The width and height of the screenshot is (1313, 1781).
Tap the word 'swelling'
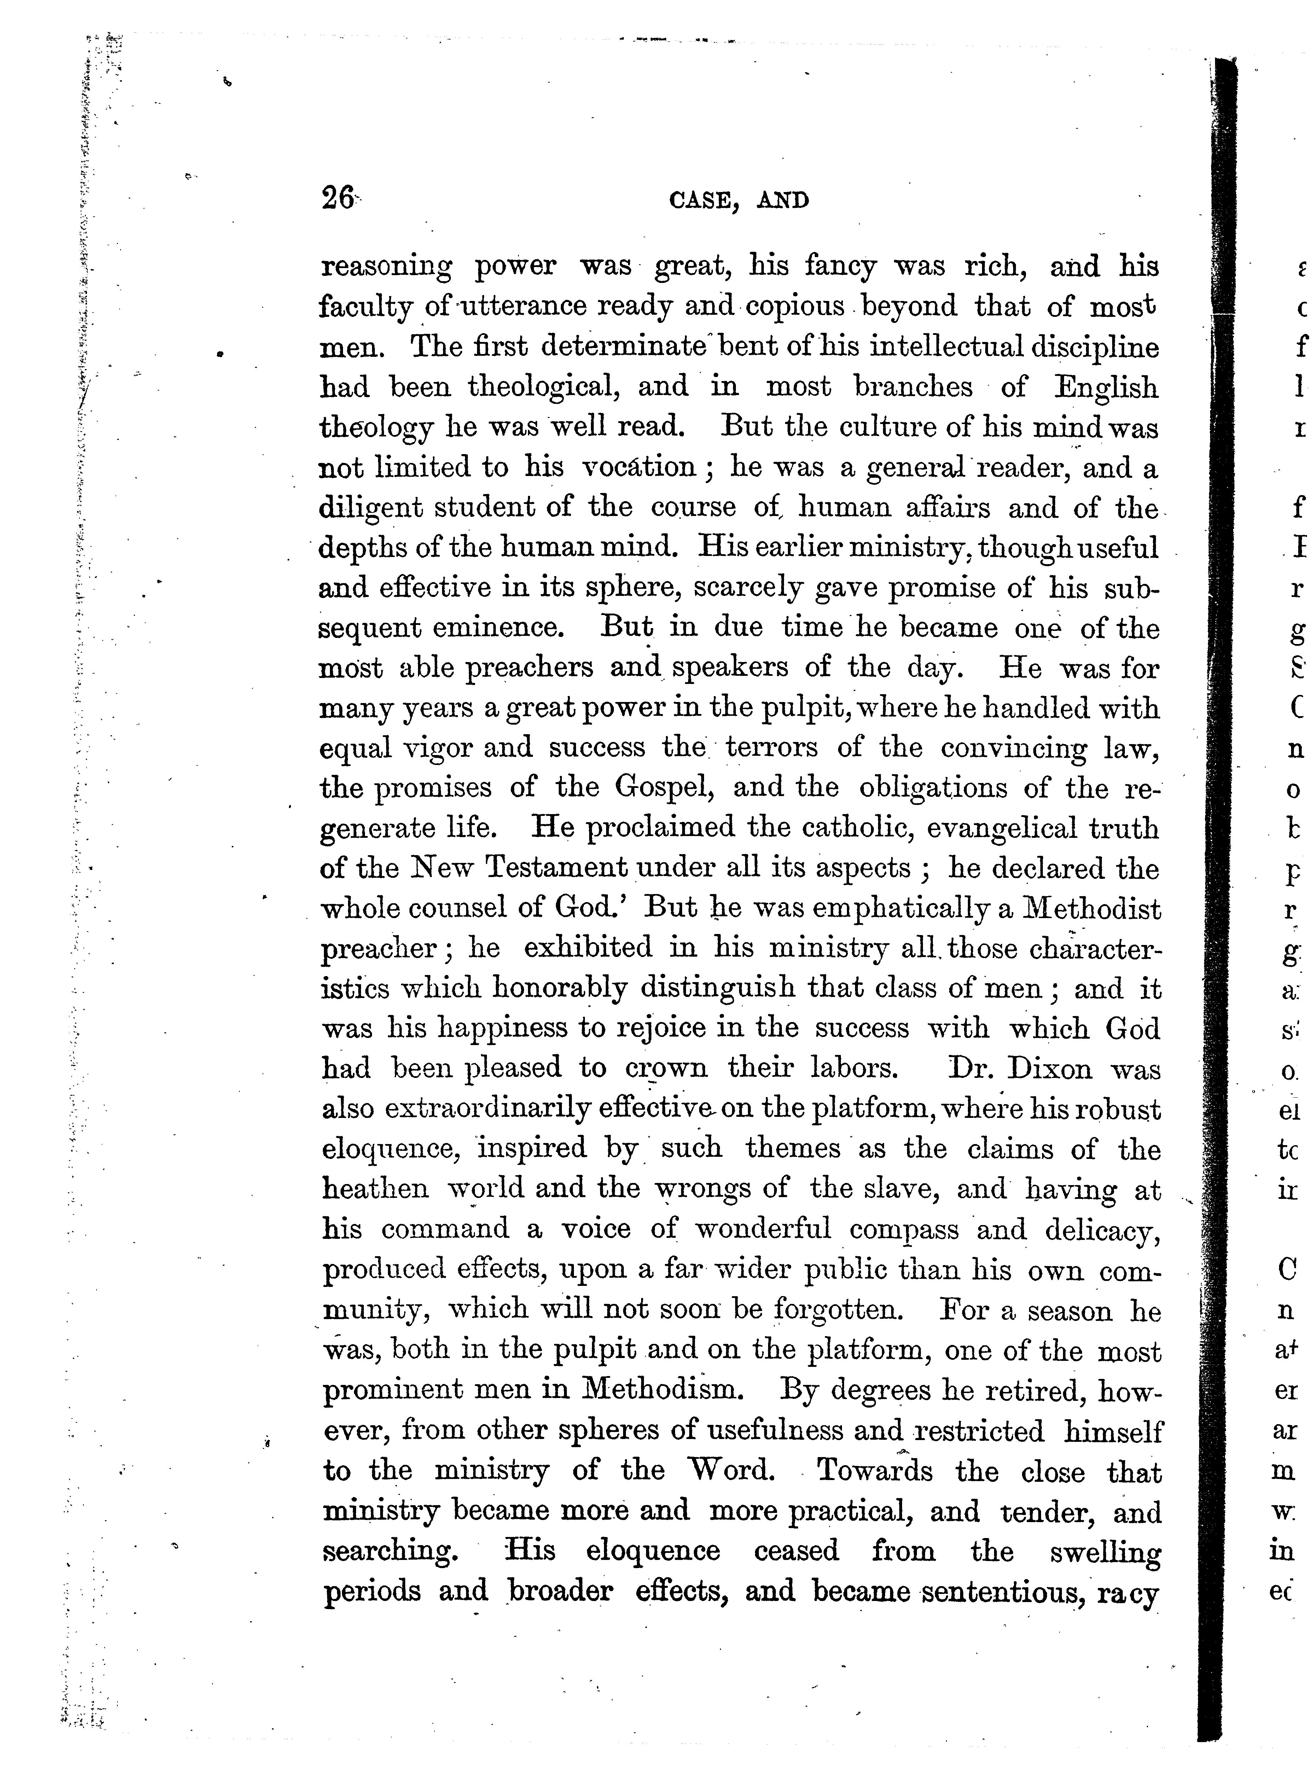pyautogui.click(x=1105, y=1551)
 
